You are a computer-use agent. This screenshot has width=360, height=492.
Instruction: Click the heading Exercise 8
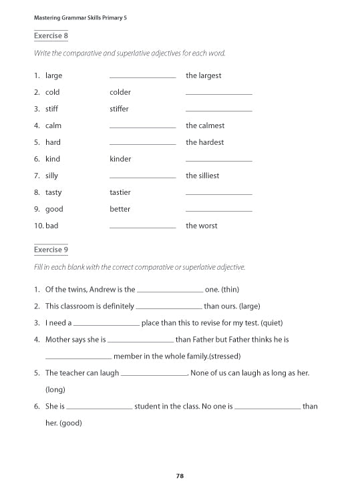point(51,35)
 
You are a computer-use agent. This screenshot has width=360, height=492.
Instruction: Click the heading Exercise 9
point(51,250)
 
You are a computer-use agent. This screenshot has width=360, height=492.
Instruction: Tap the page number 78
point(180,476)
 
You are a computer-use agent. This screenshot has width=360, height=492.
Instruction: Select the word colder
point(120,92)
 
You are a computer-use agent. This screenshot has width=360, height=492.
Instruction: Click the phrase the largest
point(203,75)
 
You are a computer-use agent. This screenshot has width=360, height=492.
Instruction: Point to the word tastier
point(120,192)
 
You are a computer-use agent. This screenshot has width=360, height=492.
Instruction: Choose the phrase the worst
point(201,226)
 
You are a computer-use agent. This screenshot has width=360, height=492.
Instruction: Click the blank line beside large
point(142,77)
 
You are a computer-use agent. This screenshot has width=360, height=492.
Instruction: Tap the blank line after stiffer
point(219,111)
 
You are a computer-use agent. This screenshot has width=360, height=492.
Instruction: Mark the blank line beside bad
point(142,228)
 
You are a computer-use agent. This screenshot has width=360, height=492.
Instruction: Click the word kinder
point(120,159)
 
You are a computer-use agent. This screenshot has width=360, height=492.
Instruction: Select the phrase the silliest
point(202,176)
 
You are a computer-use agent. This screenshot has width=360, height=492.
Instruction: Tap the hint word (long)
point(55,389)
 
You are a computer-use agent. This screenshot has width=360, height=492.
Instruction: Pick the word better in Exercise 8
point(120,209)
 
